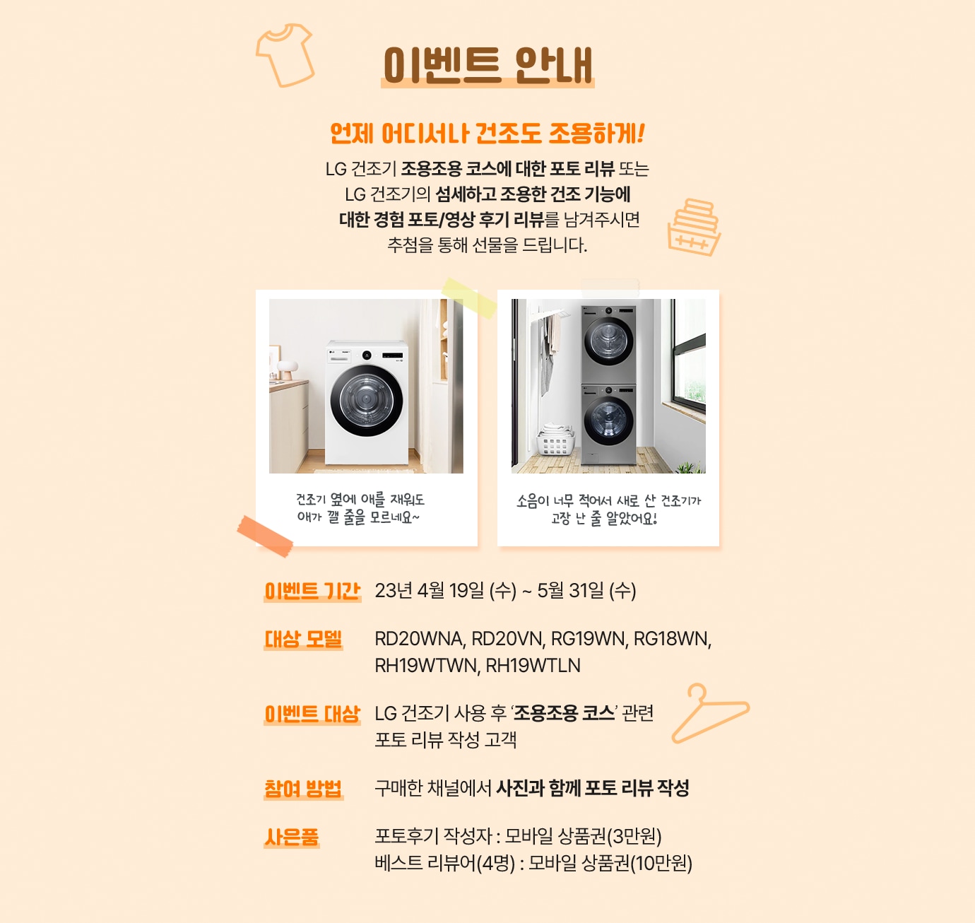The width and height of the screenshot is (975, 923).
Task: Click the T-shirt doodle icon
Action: coord(285,55)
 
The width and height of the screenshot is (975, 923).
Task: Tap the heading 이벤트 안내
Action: coord(487,66)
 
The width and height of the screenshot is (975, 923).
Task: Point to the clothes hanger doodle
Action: coord(709,713)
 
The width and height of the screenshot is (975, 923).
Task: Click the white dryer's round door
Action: coord(366,401)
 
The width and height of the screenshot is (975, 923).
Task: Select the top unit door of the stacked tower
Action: coord(608,341)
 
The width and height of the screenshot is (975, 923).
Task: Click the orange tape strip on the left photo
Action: coord(265,536)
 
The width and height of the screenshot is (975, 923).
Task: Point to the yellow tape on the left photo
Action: coord(469,298)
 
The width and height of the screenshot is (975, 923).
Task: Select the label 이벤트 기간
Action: coord(312,590)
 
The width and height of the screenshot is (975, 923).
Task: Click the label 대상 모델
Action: coord(303,639)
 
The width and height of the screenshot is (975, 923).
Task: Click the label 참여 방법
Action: coord(303,788)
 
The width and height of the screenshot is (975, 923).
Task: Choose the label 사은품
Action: coord(291,837)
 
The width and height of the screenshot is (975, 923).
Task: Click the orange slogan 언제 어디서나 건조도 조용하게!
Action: coord(487,133)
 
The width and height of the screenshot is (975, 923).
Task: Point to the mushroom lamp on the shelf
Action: coord(287,368)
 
